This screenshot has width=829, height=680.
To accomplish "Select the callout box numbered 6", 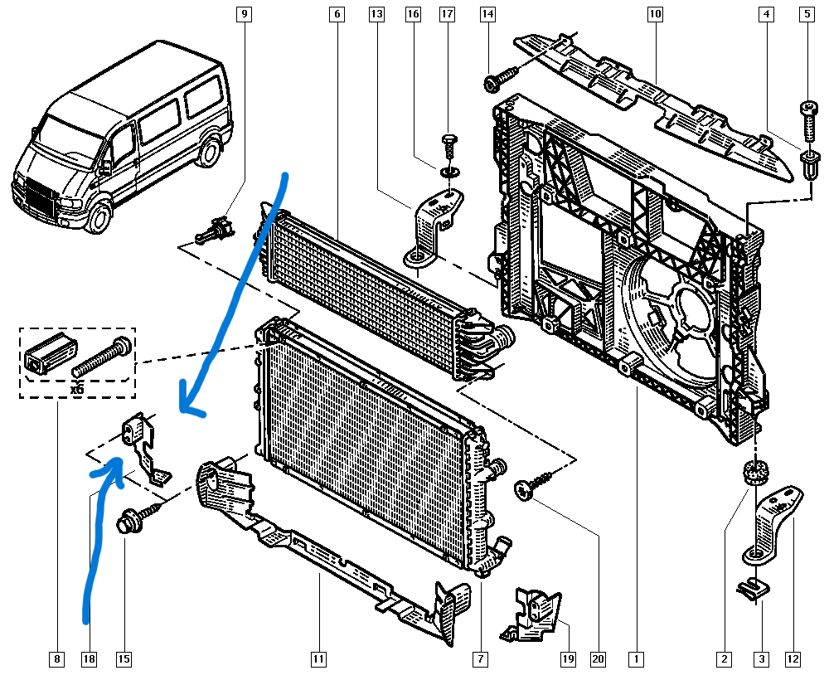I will pyautogui.click(x=337, y=14).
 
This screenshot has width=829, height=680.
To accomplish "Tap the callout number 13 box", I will pyautogui.click(x=376, y=14).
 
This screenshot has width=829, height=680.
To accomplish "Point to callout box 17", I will pyautogui.click(x=447, y=14).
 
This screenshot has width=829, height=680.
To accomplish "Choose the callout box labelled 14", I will pyautogui.click(x=487, y=14).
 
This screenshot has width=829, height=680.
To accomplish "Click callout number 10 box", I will pyautogui.click(x=655, y=14).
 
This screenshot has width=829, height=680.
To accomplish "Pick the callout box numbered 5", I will pyautogui.click(x=806, y=14).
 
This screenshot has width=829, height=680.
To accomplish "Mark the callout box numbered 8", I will pyautogui.click(x=56, y=659).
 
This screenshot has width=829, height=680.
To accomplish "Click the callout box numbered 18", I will pyautogui.click(x=89, y=659).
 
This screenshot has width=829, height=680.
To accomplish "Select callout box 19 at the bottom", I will pyautogui.click(x=567, y=659).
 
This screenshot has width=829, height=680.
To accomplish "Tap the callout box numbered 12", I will pyautogui.click(x=793, y=659).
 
